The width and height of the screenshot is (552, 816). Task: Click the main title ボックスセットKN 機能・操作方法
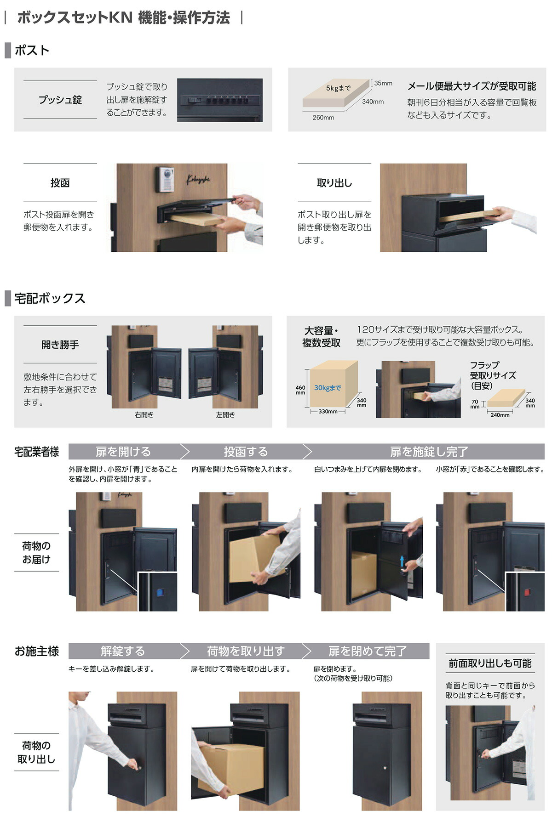(123, 18)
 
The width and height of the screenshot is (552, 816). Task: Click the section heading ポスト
(32, 50)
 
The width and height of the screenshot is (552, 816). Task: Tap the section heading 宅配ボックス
(50, 298)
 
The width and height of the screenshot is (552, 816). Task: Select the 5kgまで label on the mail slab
(338, 88)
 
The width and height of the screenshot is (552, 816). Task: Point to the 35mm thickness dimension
(383, 83)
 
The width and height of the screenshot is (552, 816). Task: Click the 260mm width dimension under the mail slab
(323, 118)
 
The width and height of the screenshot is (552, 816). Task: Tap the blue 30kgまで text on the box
(328, 388)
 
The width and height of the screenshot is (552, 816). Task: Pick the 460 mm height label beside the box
(300, 390)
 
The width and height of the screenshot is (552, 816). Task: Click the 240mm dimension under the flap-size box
(500, 415)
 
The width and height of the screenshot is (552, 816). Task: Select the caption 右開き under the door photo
(144, 414)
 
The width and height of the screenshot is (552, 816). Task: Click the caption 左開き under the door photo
(225, 414)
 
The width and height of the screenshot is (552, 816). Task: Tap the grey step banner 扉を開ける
(123, 452)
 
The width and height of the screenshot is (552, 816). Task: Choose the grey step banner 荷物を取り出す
(246, 651)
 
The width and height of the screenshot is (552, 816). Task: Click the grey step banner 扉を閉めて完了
(367, 651)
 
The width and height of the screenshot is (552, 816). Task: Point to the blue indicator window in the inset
(160, 592)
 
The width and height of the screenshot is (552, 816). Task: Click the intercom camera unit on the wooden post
(166, 179)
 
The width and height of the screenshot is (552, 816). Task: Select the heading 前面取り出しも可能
(490, 663)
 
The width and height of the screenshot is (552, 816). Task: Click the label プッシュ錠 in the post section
(60, 100)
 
